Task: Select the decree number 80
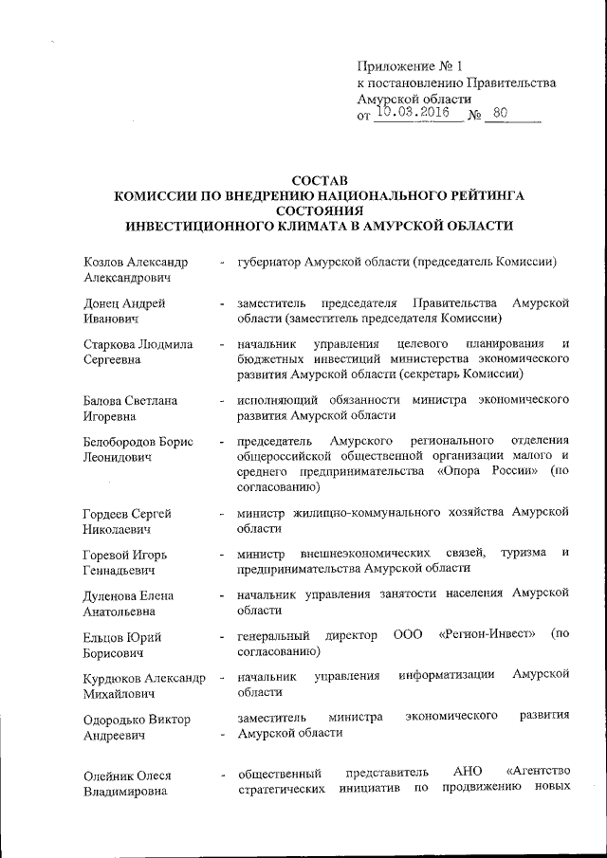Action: (x=501, y=113)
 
